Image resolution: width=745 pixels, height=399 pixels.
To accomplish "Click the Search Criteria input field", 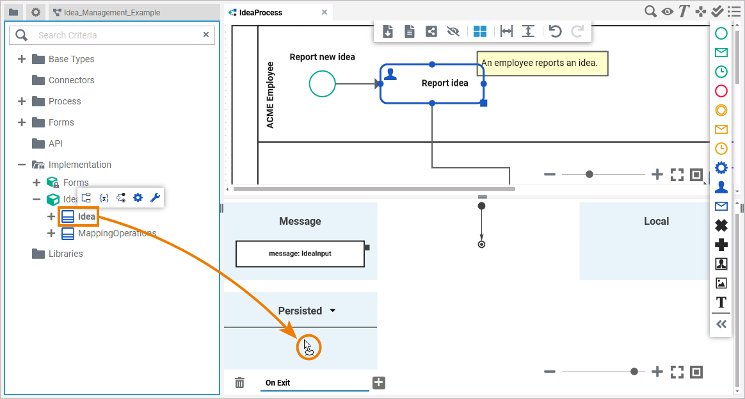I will tap(115, 35).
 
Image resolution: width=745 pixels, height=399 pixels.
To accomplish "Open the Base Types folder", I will tap(71, 59).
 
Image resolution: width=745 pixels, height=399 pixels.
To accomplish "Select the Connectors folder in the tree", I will tap(71, 80).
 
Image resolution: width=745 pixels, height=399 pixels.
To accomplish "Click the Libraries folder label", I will tap(65, 254).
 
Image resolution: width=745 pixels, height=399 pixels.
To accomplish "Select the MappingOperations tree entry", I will tap(116, 233).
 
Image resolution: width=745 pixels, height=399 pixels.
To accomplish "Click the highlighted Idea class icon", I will tap(68, 216).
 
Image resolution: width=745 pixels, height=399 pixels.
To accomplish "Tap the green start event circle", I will tap(322, 84).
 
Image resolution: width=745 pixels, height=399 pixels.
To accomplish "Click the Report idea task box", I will tap(432, 83).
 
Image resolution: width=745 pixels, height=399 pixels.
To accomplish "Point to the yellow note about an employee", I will tap(541, 63).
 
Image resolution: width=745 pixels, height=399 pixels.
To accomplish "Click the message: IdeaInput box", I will tap(300, 253).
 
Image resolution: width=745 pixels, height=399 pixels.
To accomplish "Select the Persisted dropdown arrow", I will tap(333, 311).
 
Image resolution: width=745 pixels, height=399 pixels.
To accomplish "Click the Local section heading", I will tap(656, 221).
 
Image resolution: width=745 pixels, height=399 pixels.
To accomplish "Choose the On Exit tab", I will tap(278, 383).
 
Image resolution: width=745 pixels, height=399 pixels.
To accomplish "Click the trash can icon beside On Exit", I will tap(239, 383).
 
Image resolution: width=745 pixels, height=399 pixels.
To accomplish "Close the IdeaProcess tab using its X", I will tap(324, 12).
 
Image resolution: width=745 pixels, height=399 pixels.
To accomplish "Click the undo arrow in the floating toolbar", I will tap(555, 31).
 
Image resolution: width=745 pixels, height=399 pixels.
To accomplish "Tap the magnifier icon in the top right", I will tap(650, 11).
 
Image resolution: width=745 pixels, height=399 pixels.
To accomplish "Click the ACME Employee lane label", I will tap(270, 95).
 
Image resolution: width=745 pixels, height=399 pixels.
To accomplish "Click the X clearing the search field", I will tap(206, 35).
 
